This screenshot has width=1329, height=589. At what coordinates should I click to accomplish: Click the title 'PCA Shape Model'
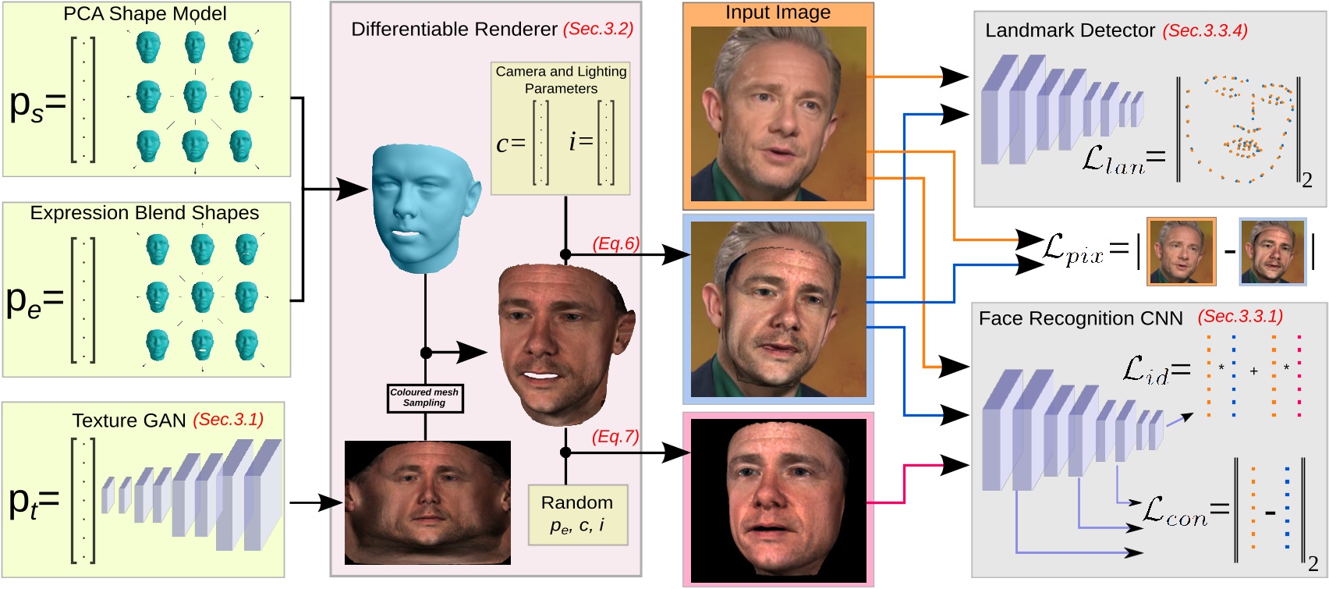coord(145,14)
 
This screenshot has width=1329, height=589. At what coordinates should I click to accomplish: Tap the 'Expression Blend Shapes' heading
coord(144,213)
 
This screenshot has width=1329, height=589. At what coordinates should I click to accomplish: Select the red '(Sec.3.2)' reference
coord(597,29)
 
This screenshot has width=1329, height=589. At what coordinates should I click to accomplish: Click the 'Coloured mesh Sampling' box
coord(425,398)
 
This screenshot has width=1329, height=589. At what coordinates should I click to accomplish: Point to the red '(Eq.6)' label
coord(615,243)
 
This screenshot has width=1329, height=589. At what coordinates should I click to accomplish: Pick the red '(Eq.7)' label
coord(615,436)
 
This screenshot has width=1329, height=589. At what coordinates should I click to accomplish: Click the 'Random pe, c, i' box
coord(577,514)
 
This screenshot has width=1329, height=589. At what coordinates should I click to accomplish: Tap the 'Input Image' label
coord(778,12)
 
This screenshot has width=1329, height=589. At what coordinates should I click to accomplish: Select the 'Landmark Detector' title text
coord(1069,30)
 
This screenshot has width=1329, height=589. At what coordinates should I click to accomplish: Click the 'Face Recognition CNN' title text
coord(1080,318)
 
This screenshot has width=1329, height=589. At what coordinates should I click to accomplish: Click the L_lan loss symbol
coord(1113,160)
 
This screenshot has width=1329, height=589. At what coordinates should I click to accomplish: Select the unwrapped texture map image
coord(427,502)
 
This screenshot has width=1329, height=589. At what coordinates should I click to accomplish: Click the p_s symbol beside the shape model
coord(27,105)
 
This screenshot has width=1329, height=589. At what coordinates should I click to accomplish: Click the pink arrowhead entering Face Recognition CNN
coord(956,465)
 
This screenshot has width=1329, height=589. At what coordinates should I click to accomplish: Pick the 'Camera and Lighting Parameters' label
coord(561,80)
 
